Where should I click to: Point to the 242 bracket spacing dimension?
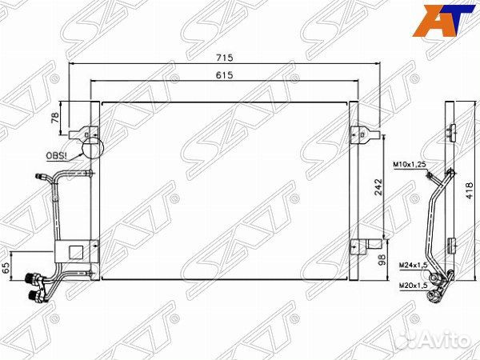378,186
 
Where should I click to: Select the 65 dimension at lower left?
6,267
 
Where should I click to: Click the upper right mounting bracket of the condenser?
362,134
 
